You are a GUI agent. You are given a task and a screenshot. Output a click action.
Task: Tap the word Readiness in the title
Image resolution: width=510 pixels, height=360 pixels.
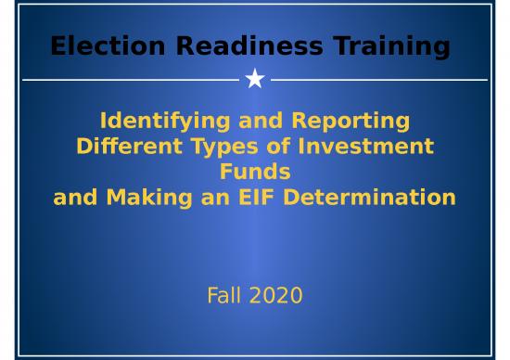230,45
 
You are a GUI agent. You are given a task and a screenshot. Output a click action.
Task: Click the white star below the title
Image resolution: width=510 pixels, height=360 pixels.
255,80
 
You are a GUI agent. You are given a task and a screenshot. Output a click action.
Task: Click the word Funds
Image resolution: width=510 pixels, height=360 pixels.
255,172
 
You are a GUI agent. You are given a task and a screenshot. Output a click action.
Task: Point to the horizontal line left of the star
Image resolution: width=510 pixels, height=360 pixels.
130,81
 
